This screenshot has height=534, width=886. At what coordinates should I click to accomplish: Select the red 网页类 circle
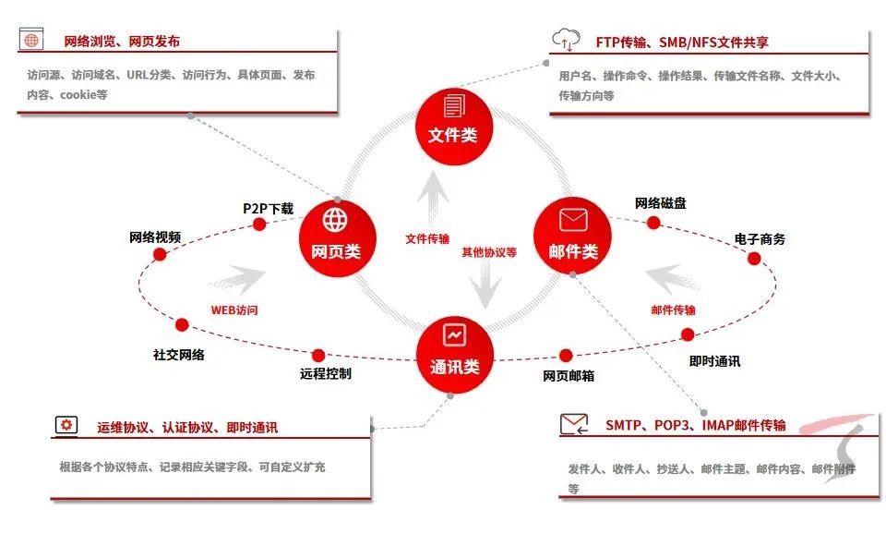click(x=337, y=237)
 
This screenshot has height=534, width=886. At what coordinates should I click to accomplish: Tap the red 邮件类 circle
click(x=573, y=237)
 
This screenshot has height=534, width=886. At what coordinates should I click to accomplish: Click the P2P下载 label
click(x=268, y=209)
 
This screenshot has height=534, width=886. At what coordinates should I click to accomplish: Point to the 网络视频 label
click(x=154, y=237)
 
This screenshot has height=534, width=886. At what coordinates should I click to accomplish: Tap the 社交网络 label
click(x=179, y=354)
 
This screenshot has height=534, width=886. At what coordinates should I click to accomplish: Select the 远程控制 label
click(x=325, y=374)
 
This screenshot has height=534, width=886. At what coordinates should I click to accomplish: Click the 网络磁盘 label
click(x=660, y=203)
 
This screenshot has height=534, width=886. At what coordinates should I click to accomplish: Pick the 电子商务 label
click(x=760, y=239)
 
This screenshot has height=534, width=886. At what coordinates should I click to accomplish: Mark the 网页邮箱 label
click(x=568, y=376)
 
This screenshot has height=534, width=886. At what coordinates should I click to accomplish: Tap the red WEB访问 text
click(x=234, y=310)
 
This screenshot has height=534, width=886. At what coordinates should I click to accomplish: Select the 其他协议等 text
click(x=489, y=251)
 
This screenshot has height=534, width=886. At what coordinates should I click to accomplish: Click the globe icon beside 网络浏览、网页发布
click(x=33, y=41)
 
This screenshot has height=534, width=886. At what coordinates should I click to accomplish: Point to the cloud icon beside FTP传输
click(x=565, y=39)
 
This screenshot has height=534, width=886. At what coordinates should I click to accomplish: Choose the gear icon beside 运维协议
click(x=66, y=425)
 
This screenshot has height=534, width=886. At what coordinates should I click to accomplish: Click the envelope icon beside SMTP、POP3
click(x=573, y=424)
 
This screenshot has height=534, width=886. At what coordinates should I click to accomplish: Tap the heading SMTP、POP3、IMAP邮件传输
click(x=696, y=425)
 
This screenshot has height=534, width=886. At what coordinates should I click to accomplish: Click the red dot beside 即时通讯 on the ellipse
click(x=688, y=334)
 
